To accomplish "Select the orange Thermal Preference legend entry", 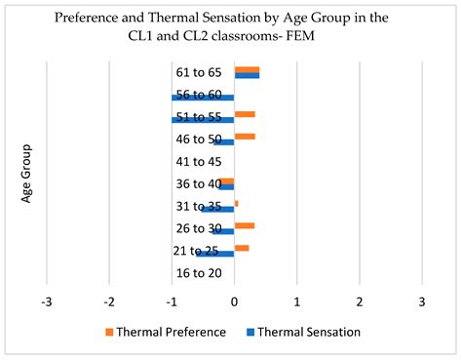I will (164, 332).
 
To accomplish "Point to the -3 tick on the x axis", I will (47, 301).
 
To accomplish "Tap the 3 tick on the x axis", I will (421, 301).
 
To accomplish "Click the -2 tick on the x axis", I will (109, 301).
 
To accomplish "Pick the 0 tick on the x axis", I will (234, 301).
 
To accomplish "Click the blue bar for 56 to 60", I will (203, 98).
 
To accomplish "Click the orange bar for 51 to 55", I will (245, 114).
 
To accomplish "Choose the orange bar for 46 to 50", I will (245, 137).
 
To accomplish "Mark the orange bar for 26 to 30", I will (245, 225).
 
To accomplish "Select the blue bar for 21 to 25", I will (215, 254).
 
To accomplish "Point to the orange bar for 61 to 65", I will (247, 69).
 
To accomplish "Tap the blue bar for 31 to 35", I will (217, 209).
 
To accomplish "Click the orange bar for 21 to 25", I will (242, 248).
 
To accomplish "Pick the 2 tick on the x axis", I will (359, 301).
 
